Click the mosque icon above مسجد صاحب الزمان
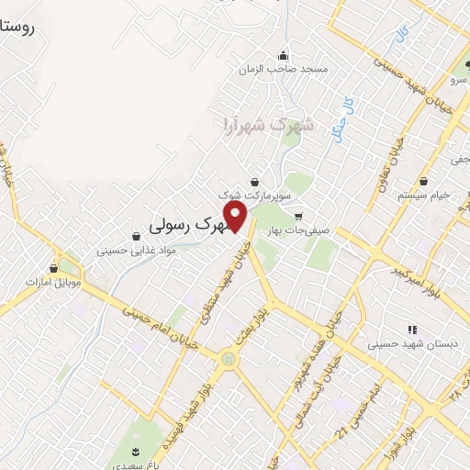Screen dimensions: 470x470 pos(284,53)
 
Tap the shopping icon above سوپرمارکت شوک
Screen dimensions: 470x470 pos(254,181)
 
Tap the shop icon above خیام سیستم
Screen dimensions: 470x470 pos(423,180)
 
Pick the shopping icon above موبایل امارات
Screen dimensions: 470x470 pos(54,268)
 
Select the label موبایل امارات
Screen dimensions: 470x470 pos(54,282)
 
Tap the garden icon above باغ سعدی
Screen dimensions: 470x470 pos(138,451)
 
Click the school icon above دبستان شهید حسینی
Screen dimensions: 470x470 pos(411,330)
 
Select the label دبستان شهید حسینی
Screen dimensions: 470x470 pos(399,345)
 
